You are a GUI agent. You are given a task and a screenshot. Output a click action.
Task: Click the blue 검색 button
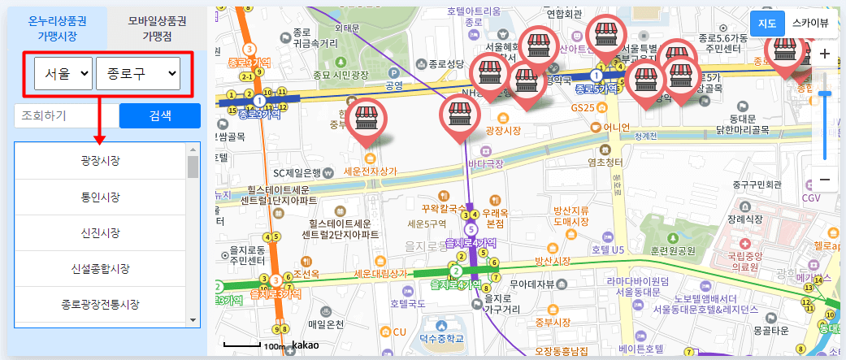tap(159, 115)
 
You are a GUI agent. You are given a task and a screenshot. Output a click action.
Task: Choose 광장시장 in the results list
tap(101, 161)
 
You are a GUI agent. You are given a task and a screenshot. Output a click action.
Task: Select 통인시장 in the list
tap(101, 197)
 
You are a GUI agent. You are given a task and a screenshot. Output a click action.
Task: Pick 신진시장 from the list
tap(101, 232)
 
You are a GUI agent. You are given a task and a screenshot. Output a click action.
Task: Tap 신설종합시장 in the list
tap(101, 268)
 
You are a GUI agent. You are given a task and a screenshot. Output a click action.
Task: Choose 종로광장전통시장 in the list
tap(101, 305)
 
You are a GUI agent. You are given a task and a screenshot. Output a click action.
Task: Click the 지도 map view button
tap(766, 23)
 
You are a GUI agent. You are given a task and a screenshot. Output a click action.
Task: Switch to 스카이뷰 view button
tap(810, 23)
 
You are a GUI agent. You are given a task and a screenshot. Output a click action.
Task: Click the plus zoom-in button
tap(824, 54)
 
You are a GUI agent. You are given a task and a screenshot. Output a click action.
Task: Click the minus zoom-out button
tap(824, 179)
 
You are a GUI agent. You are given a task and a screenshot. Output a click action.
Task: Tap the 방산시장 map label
tap(552, 261)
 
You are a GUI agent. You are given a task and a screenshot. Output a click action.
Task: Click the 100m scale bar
tap(254, 346)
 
